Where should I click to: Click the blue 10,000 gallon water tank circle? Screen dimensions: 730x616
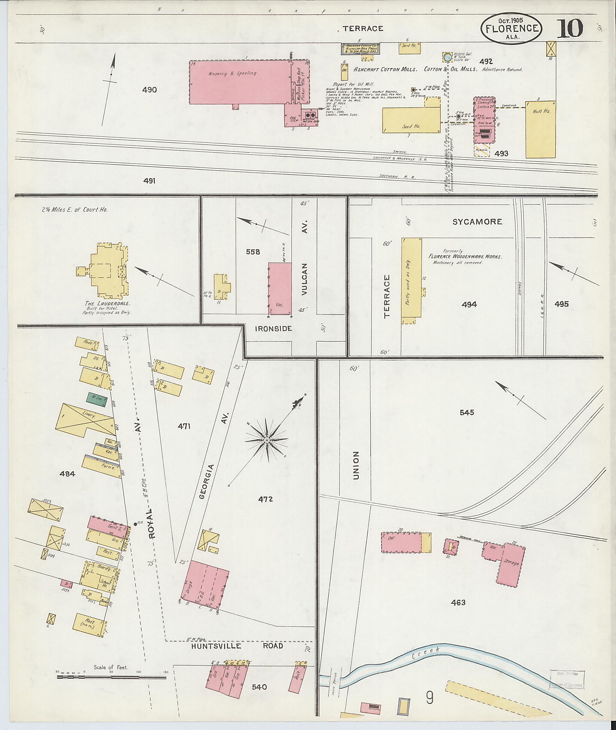pyautogui.click(x=447, y=57)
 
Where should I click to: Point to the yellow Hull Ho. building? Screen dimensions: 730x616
pyautogui.click(x=540, y=129)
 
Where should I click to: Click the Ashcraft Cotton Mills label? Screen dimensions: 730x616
pyautogui.click(x=385, y=69)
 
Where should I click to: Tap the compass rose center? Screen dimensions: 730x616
pyautogui.click(x=267, y=440)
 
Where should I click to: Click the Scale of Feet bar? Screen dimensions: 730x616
pyautogui.click(x=111, y=677)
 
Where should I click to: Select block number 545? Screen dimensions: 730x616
pyautogui.click(x=467, y=412)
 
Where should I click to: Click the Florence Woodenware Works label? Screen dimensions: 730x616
pyautogui.click(x=465, y=256)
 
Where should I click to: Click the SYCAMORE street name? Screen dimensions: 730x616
pyautogui.click(x=477, y=221)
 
